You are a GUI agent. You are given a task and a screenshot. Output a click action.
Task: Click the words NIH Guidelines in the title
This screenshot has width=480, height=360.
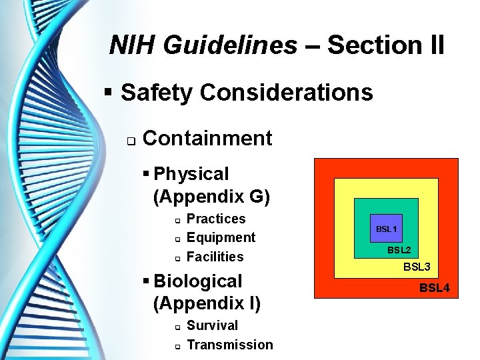[x=203, y=45]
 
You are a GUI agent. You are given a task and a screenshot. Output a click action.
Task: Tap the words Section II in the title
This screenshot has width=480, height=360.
[x=386, y=45]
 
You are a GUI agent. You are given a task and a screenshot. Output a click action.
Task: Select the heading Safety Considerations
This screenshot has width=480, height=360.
[x=247, y=93]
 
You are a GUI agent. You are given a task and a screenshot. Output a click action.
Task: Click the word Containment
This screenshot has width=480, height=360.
[x=207, y=138]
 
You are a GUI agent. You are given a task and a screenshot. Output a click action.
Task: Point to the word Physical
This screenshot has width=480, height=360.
[x=191, y=174]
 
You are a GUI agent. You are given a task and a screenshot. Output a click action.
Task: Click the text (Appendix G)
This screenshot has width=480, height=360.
[x=211, y=196]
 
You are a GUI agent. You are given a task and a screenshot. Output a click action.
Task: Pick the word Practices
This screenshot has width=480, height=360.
[x=216, y=219]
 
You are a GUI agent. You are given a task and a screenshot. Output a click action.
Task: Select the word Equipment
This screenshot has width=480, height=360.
[x=221, y=238]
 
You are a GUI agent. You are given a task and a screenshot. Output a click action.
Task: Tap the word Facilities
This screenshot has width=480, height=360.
[x=215, y=257]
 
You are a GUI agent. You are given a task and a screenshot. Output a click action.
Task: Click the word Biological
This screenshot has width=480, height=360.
[x=198, y=281]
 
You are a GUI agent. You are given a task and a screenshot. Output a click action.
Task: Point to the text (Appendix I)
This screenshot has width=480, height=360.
[x=207, y=303]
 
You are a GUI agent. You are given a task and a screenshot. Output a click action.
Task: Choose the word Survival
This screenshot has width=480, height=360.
[x=212, y=326]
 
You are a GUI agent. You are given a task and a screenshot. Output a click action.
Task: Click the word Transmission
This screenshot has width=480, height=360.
[x=230, y=345]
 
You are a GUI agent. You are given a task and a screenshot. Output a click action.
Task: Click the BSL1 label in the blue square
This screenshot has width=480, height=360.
[x=386, y=229]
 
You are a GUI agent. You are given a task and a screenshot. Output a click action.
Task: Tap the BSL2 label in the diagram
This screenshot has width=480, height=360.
[x=399, y=251]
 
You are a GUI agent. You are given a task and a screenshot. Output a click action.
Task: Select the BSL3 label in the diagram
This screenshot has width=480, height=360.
[x=417, y=267]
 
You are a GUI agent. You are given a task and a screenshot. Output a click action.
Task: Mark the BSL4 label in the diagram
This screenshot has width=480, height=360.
[x=435, y=288]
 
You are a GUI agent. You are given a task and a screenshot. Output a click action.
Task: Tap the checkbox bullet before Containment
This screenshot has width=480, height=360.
[x=131, y=140]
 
